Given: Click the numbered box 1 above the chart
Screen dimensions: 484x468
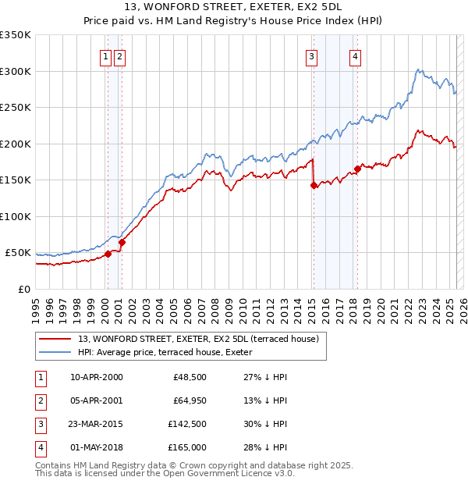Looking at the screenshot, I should [x=105, y=55].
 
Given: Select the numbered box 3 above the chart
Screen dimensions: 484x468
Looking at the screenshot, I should [x=311, y=55].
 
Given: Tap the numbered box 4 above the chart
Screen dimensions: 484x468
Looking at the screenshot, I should [x=355, y=55].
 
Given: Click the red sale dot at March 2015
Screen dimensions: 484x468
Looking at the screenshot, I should [x=314, y=186].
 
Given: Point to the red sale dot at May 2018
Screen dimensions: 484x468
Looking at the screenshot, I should [x=357, y=169].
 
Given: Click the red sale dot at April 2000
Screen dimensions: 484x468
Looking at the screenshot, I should [x=108, y=253].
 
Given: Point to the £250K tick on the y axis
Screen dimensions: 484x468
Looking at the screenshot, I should [x=16, y=108].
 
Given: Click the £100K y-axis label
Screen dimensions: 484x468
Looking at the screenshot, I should [x=16, y=216].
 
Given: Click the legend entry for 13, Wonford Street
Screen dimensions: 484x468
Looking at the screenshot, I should [x=198, y=340].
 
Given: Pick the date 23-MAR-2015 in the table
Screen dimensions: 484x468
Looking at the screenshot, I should [x=97, y=425].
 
